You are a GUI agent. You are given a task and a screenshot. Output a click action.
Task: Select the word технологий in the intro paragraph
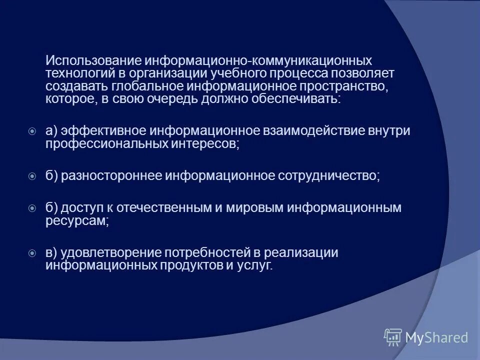pyautogui.click(x=74, y=73)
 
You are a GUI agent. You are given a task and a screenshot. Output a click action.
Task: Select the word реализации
pyautogui.click(x=306, y=253)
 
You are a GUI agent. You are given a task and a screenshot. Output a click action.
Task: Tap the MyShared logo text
pyautogui.click(x=437, y=337)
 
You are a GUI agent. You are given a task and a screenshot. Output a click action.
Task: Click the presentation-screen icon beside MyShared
pyautogui.click(x=393, y=337)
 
